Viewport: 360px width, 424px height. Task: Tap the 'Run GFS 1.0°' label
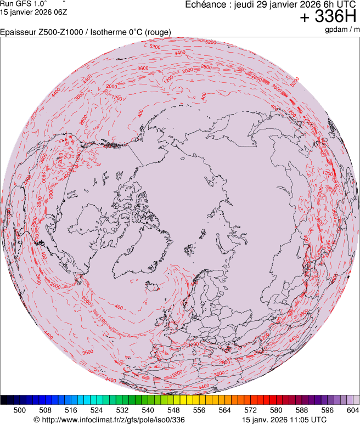click(x=24, y=3)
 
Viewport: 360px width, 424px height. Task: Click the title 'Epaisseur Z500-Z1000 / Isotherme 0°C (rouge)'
click(x=86, y=32)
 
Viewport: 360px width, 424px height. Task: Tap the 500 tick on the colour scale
click(x=20, y=409)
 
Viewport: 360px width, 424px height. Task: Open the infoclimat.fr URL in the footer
click(x=113, y=420)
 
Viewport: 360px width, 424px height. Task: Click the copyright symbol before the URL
click(x=37, y=420)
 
